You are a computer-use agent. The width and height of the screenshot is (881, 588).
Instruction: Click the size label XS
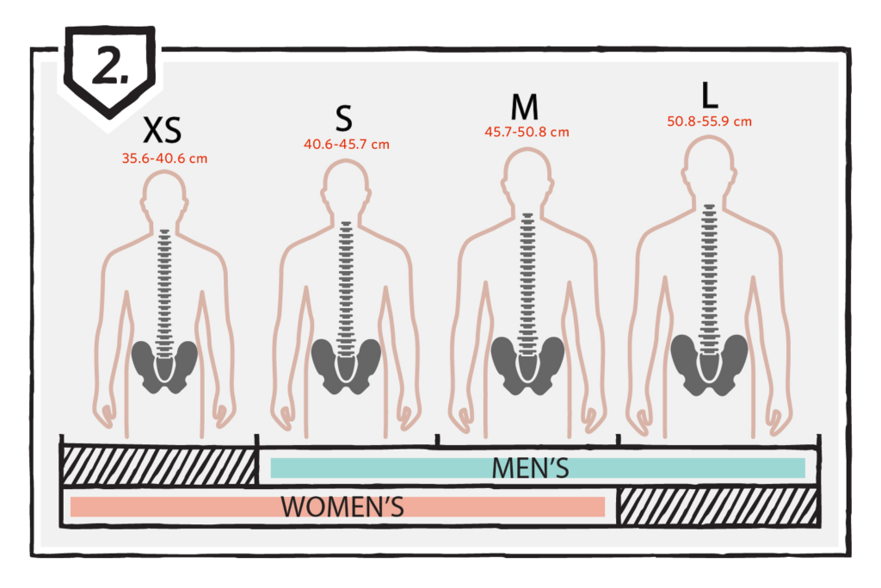pyautogui.click(x=163, y=130)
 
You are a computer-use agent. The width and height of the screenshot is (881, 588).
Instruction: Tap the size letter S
pyautogui.click(x=344, y=119)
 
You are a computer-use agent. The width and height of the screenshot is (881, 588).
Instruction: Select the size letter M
pyautogui.click(x=525, y=107)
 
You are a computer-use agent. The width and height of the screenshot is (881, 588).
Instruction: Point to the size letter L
pyautogui.click(x=710, y=95)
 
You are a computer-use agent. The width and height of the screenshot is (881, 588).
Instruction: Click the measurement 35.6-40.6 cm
pyautogui.click(x=164, y=158)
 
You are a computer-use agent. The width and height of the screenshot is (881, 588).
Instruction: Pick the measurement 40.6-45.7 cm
pyautogui.click(x=347, y=145)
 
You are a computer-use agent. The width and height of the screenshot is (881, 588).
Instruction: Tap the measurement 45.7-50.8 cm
pyautogui.click(x=527, y=132)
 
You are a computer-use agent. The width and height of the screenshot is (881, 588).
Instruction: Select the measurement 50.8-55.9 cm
pyautogui.click(x=709, y=121)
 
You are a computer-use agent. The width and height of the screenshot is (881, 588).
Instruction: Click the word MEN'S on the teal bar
pyautogui.click(x=530, y=468)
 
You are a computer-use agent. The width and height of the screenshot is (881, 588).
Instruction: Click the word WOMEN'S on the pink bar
pyautogui.click(x=342, y=506)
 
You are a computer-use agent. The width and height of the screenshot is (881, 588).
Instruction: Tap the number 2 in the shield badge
pyautogui.click(x=109, y=65)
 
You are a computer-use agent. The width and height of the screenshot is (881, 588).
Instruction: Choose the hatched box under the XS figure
pyautogui.click(x=159, y=465)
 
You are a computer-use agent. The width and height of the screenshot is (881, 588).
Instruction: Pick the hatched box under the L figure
pyautogui.click(x=718, y=506)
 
